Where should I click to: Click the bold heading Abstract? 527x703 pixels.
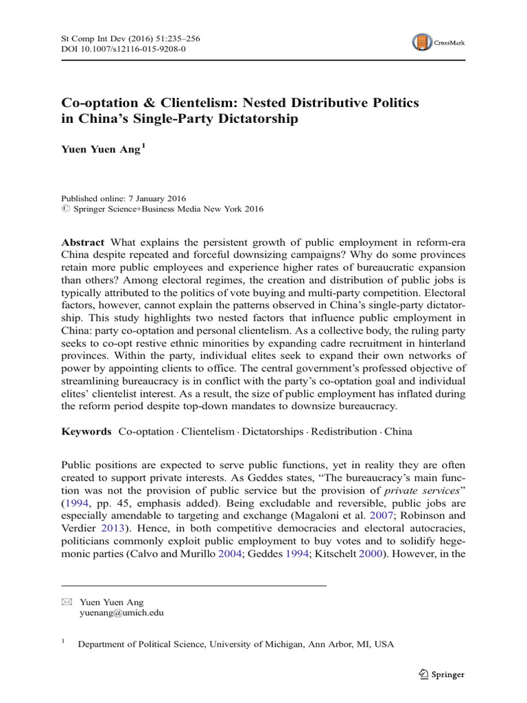[82, 243]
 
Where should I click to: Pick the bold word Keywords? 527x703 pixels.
[86, 432]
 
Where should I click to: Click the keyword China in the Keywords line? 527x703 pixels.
[399, 432]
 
